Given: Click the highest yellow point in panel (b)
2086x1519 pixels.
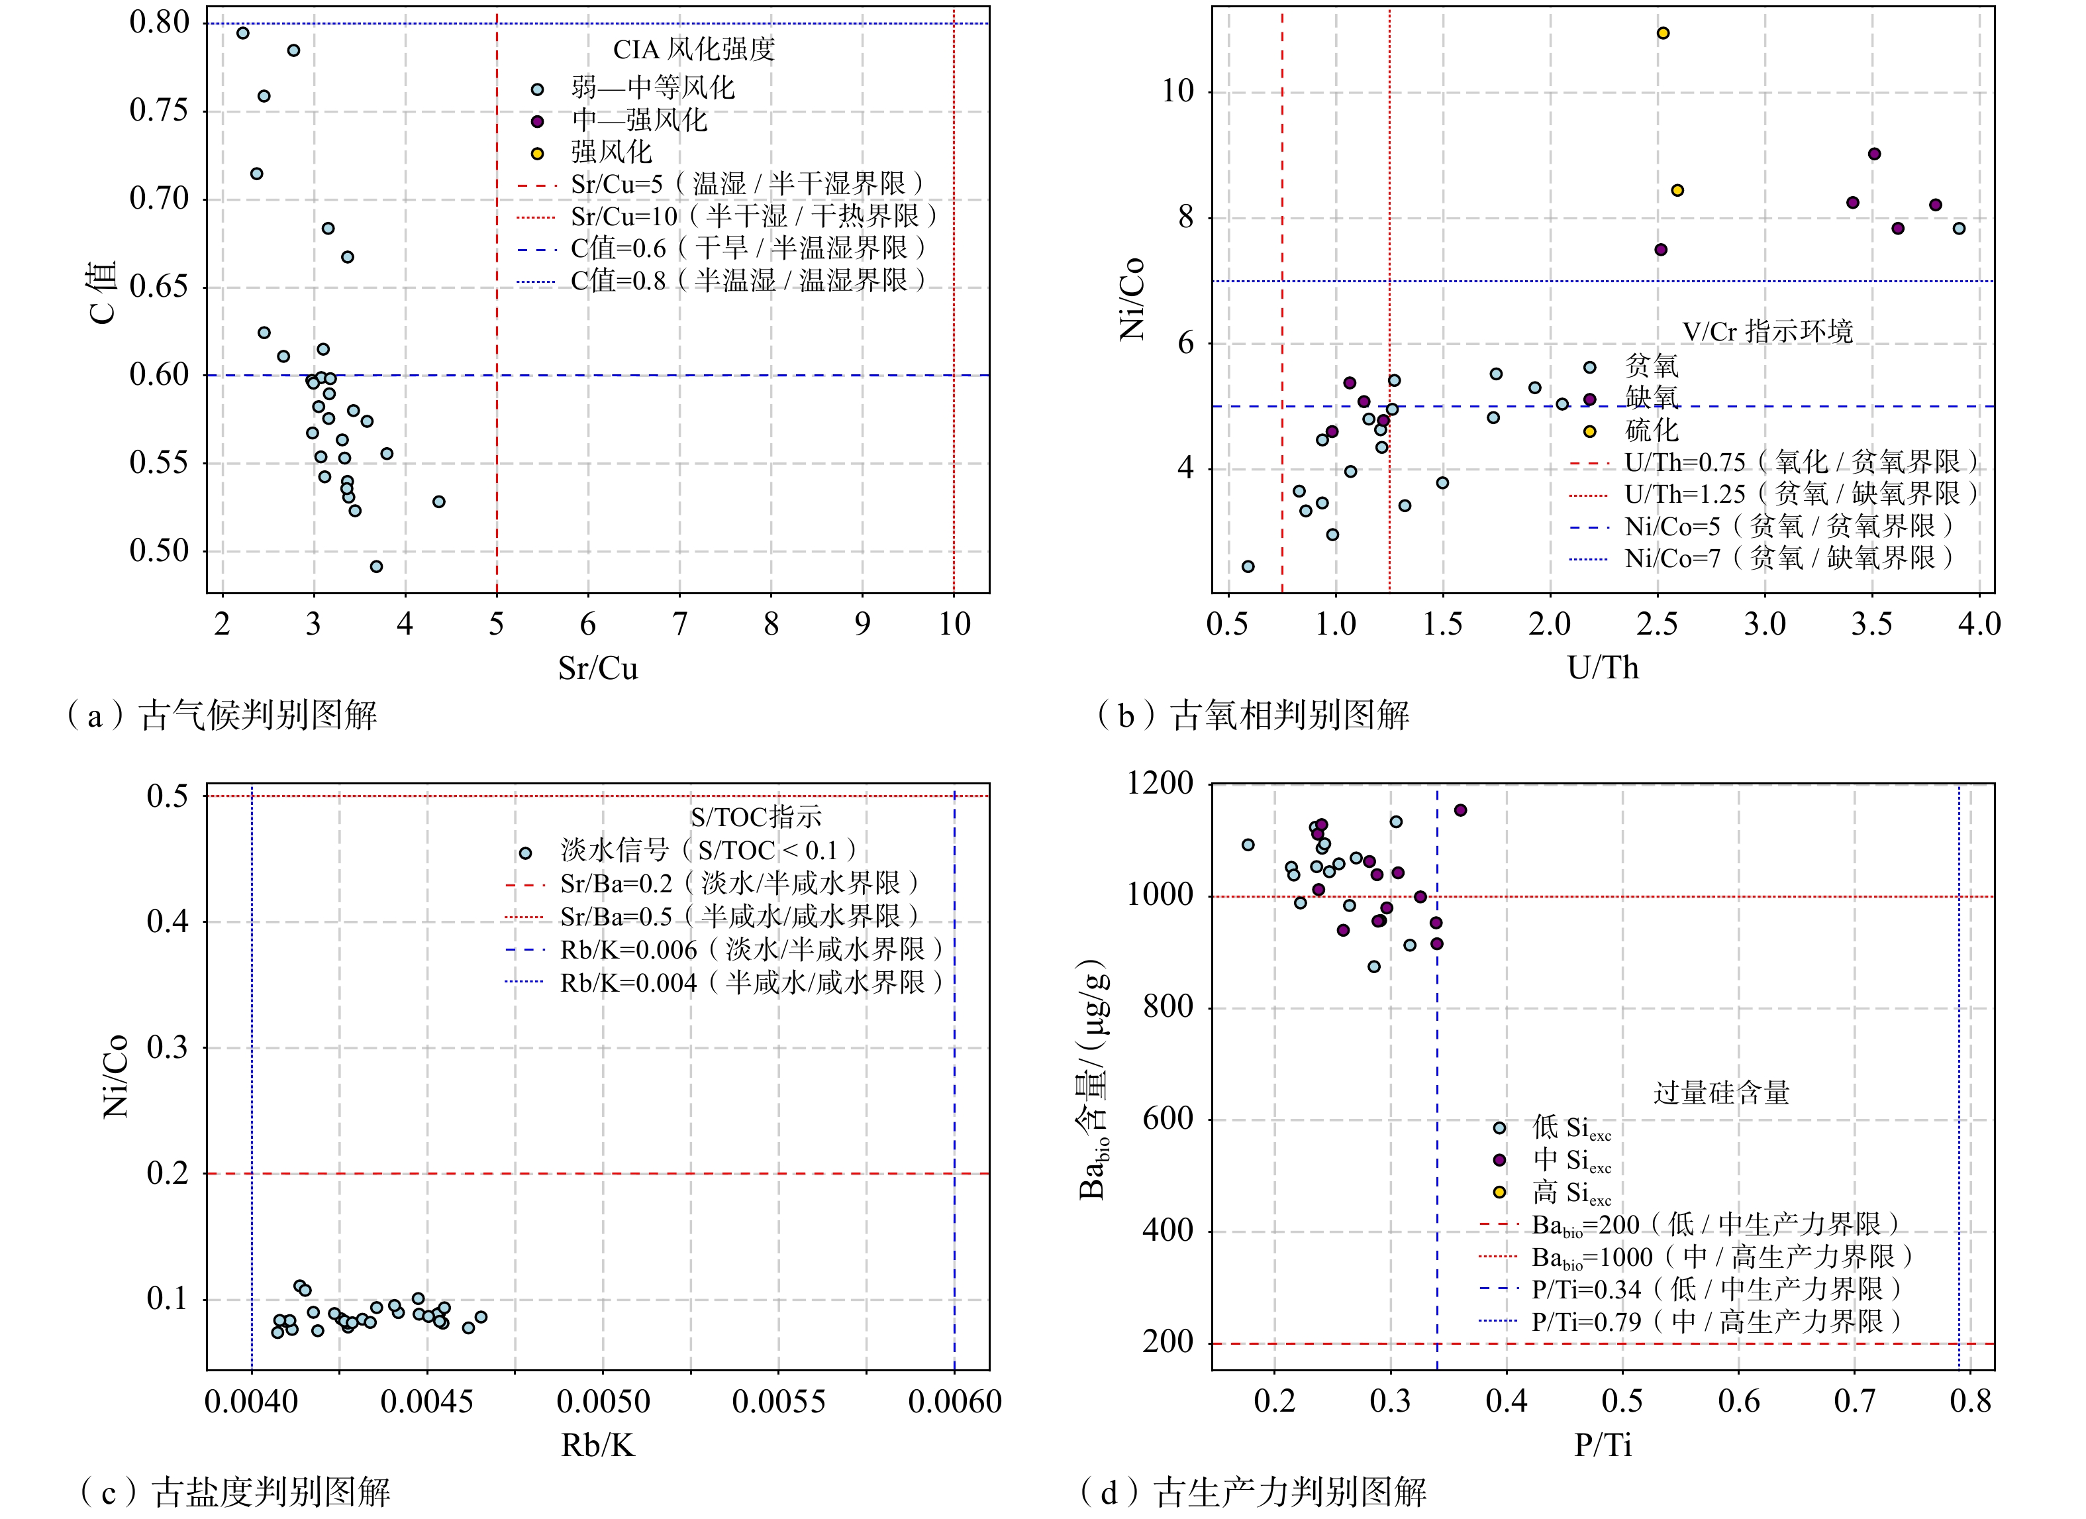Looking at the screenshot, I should [x=1663, y=33].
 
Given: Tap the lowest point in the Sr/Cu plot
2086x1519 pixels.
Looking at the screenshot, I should [x=376, y=567].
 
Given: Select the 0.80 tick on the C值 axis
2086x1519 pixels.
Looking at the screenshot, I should [x=159, y=22].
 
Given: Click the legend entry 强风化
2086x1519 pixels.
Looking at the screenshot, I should [x=612, y=152].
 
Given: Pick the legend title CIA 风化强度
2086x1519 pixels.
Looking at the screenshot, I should [x=695, y=49].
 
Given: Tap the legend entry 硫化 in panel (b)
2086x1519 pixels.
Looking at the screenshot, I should [x=1652, y=430].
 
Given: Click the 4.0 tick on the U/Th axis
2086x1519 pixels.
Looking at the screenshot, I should [x=1979, y=625].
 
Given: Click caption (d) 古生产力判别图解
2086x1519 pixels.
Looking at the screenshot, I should [x=1253, y=1493].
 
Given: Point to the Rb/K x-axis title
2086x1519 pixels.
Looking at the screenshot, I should [x=598, y=1445].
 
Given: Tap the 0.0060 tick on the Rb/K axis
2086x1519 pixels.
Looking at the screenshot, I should [x=955, y=1402].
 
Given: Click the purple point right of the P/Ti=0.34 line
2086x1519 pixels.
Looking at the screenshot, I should [x=1461, y=811].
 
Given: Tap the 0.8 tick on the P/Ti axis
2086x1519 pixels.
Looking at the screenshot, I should [x=1970, y=1402].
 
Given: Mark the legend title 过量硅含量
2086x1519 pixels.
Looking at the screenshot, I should [x=1722, y=1093].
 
